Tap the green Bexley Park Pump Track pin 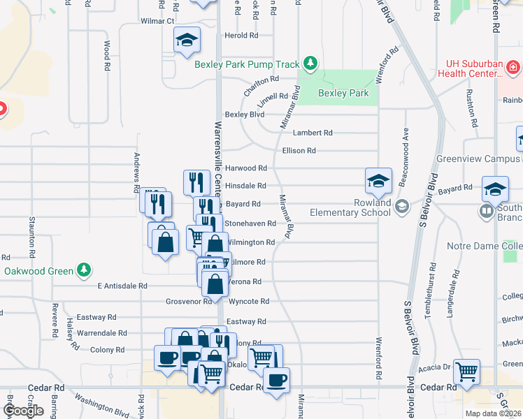[310, 64]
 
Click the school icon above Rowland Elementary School [378, 182]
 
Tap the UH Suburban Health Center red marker [513, 67]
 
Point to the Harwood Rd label [245, 168]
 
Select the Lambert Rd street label [313, 133]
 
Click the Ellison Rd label [299, 150]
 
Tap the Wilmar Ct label [157, 22]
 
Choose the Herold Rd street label [241, 35]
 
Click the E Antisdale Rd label [122, 286]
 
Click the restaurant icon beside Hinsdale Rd [196, 182]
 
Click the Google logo [23, 411]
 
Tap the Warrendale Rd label [102, 333]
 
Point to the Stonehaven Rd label [249, 223]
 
